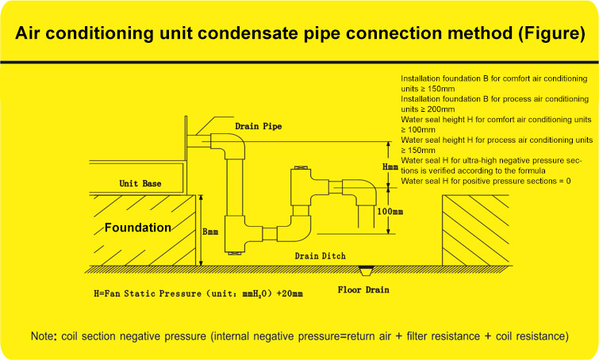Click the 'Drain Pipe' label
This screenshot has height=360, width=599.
[258, 126]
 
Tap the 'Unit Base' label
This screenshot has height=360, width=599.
[140, 183]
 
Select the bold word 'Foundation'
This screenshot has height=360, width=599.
[138, 228]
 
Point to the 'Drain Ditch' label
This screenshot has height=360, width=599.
[317, 256]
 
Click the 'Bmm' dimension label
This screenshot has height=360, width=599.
[212, 232]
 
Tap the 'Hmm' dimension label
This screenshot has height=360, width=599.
[390, 167]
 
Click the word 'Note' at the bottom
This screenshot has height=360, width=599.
[42, 335]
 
